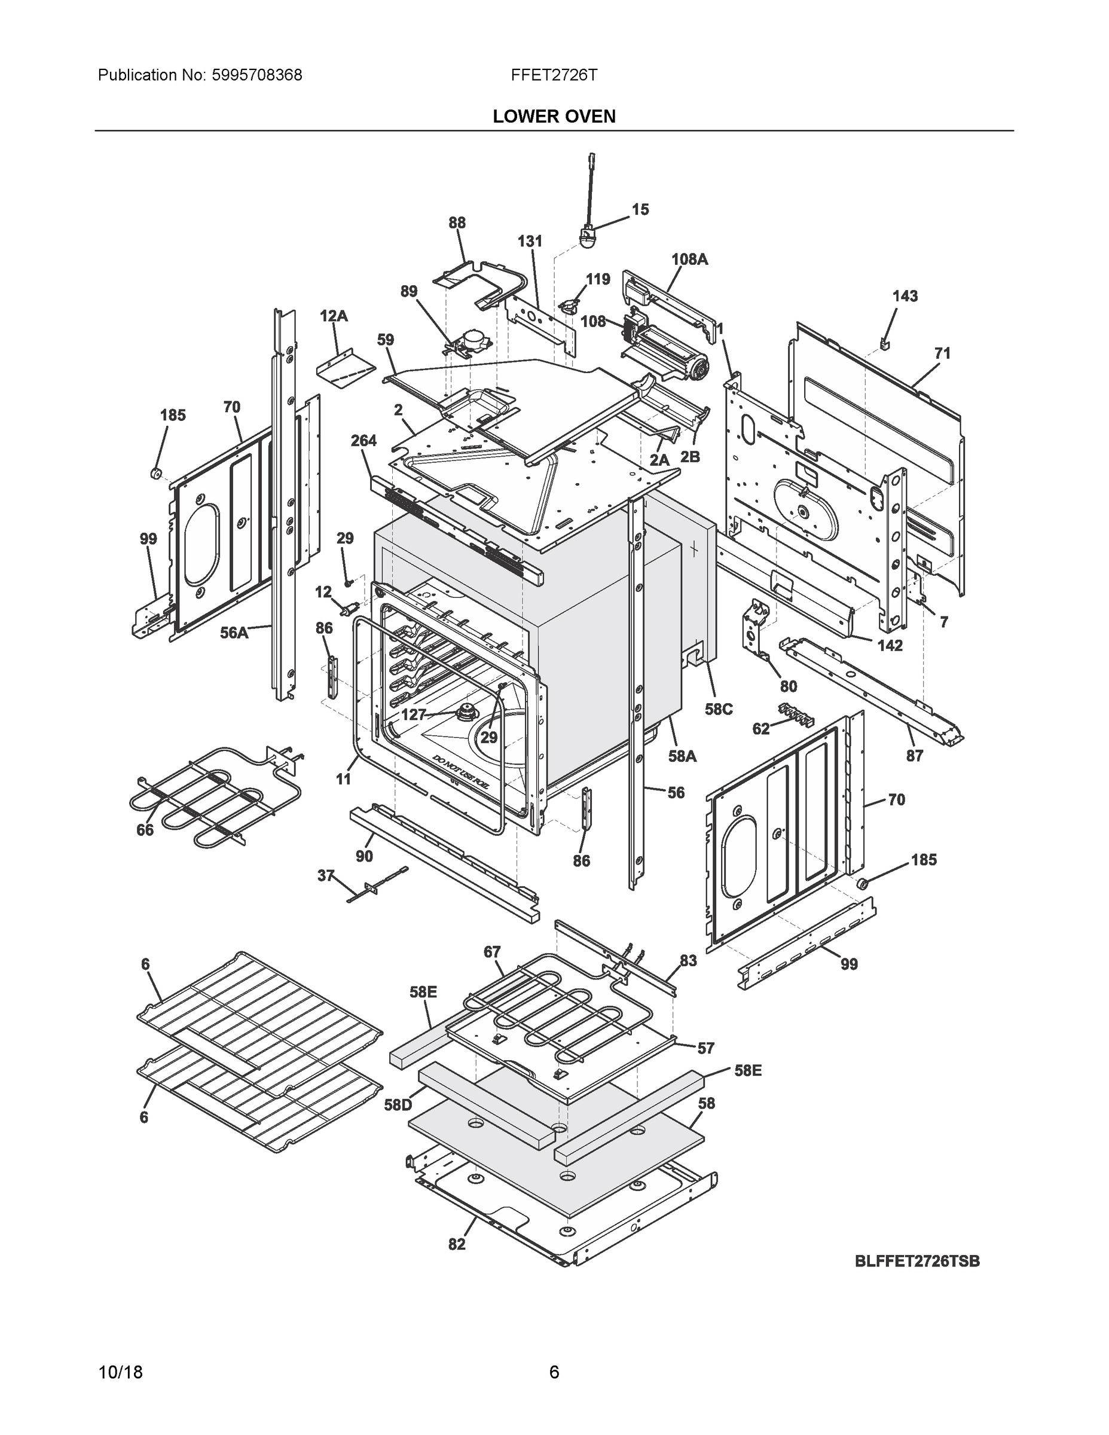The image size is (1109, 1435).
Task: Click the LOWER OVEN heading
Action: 554,117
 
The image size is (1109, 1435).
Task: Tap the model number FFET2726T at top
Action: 554,75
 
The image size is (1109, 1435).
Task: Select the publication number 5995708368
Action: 257,75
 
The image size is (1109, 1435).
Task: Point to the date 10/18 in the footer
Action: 120,1373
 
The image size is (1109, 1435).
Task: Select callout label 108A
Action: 689,259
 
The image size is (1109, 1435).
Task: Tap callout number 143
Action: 905,297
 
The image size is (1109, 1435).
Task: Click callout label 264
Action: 363,440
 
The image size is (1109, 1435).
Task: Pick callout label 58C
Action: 718,709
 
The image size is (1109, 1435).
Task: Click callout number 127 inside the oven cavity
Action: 413,715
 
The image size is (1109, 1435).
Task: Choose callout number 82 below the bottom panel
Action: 457,1244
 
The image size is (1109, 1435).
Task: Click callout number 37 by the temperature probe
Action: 326,875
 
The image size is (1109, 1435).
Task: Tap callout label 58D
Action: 398,1105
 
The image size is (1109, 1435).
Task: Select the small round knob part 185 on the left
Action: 157,472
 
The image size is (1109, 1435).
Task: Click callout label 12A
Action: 334,316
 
